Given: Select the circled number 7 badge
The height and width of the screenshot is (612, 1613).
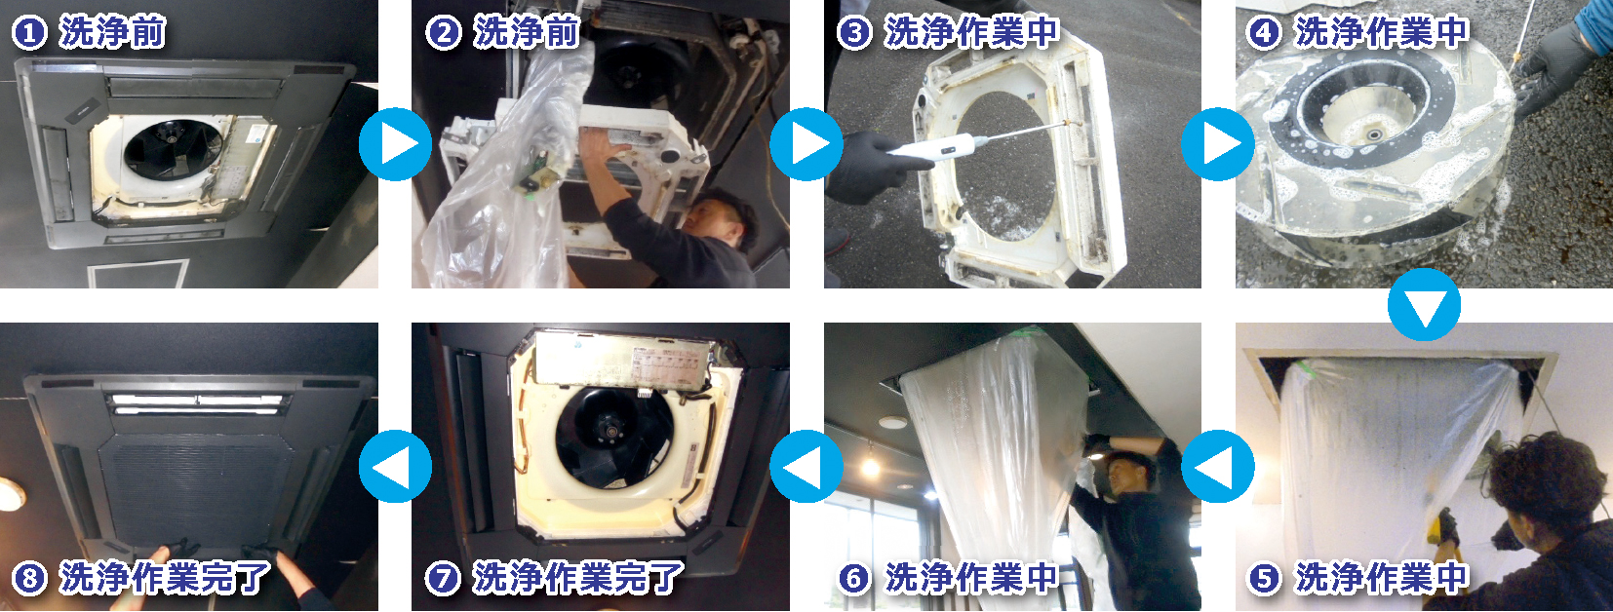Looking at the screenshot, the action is tap(443, 578).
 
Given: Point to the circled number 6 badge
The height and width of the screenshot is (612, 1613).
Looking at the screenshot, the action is tap(854, 578).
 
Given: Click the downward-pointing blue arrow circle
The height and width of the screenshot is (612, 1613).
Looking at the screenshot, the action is tap(1425, 305).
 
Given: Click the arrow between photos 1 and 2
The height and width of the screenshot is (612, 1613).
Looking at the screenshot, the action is tap(395, 144).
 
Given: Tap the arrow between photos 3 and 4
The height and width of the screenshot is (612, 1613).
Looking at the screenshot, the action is tap(1218, 144).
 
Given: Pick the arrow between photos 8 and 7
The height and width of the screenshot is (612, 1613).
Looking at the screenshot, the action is tap(395, 467).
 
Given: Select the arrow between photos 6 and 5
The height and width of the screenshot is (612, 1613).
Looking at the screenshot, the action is tap(1218, 467).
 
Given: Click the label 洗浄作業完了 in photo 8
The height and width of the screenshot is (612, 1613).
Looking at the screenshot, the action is tap(164, 578).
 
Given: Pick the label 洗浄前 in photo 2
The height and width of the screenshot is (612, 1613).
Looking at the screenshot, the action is tap(527, 33).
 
